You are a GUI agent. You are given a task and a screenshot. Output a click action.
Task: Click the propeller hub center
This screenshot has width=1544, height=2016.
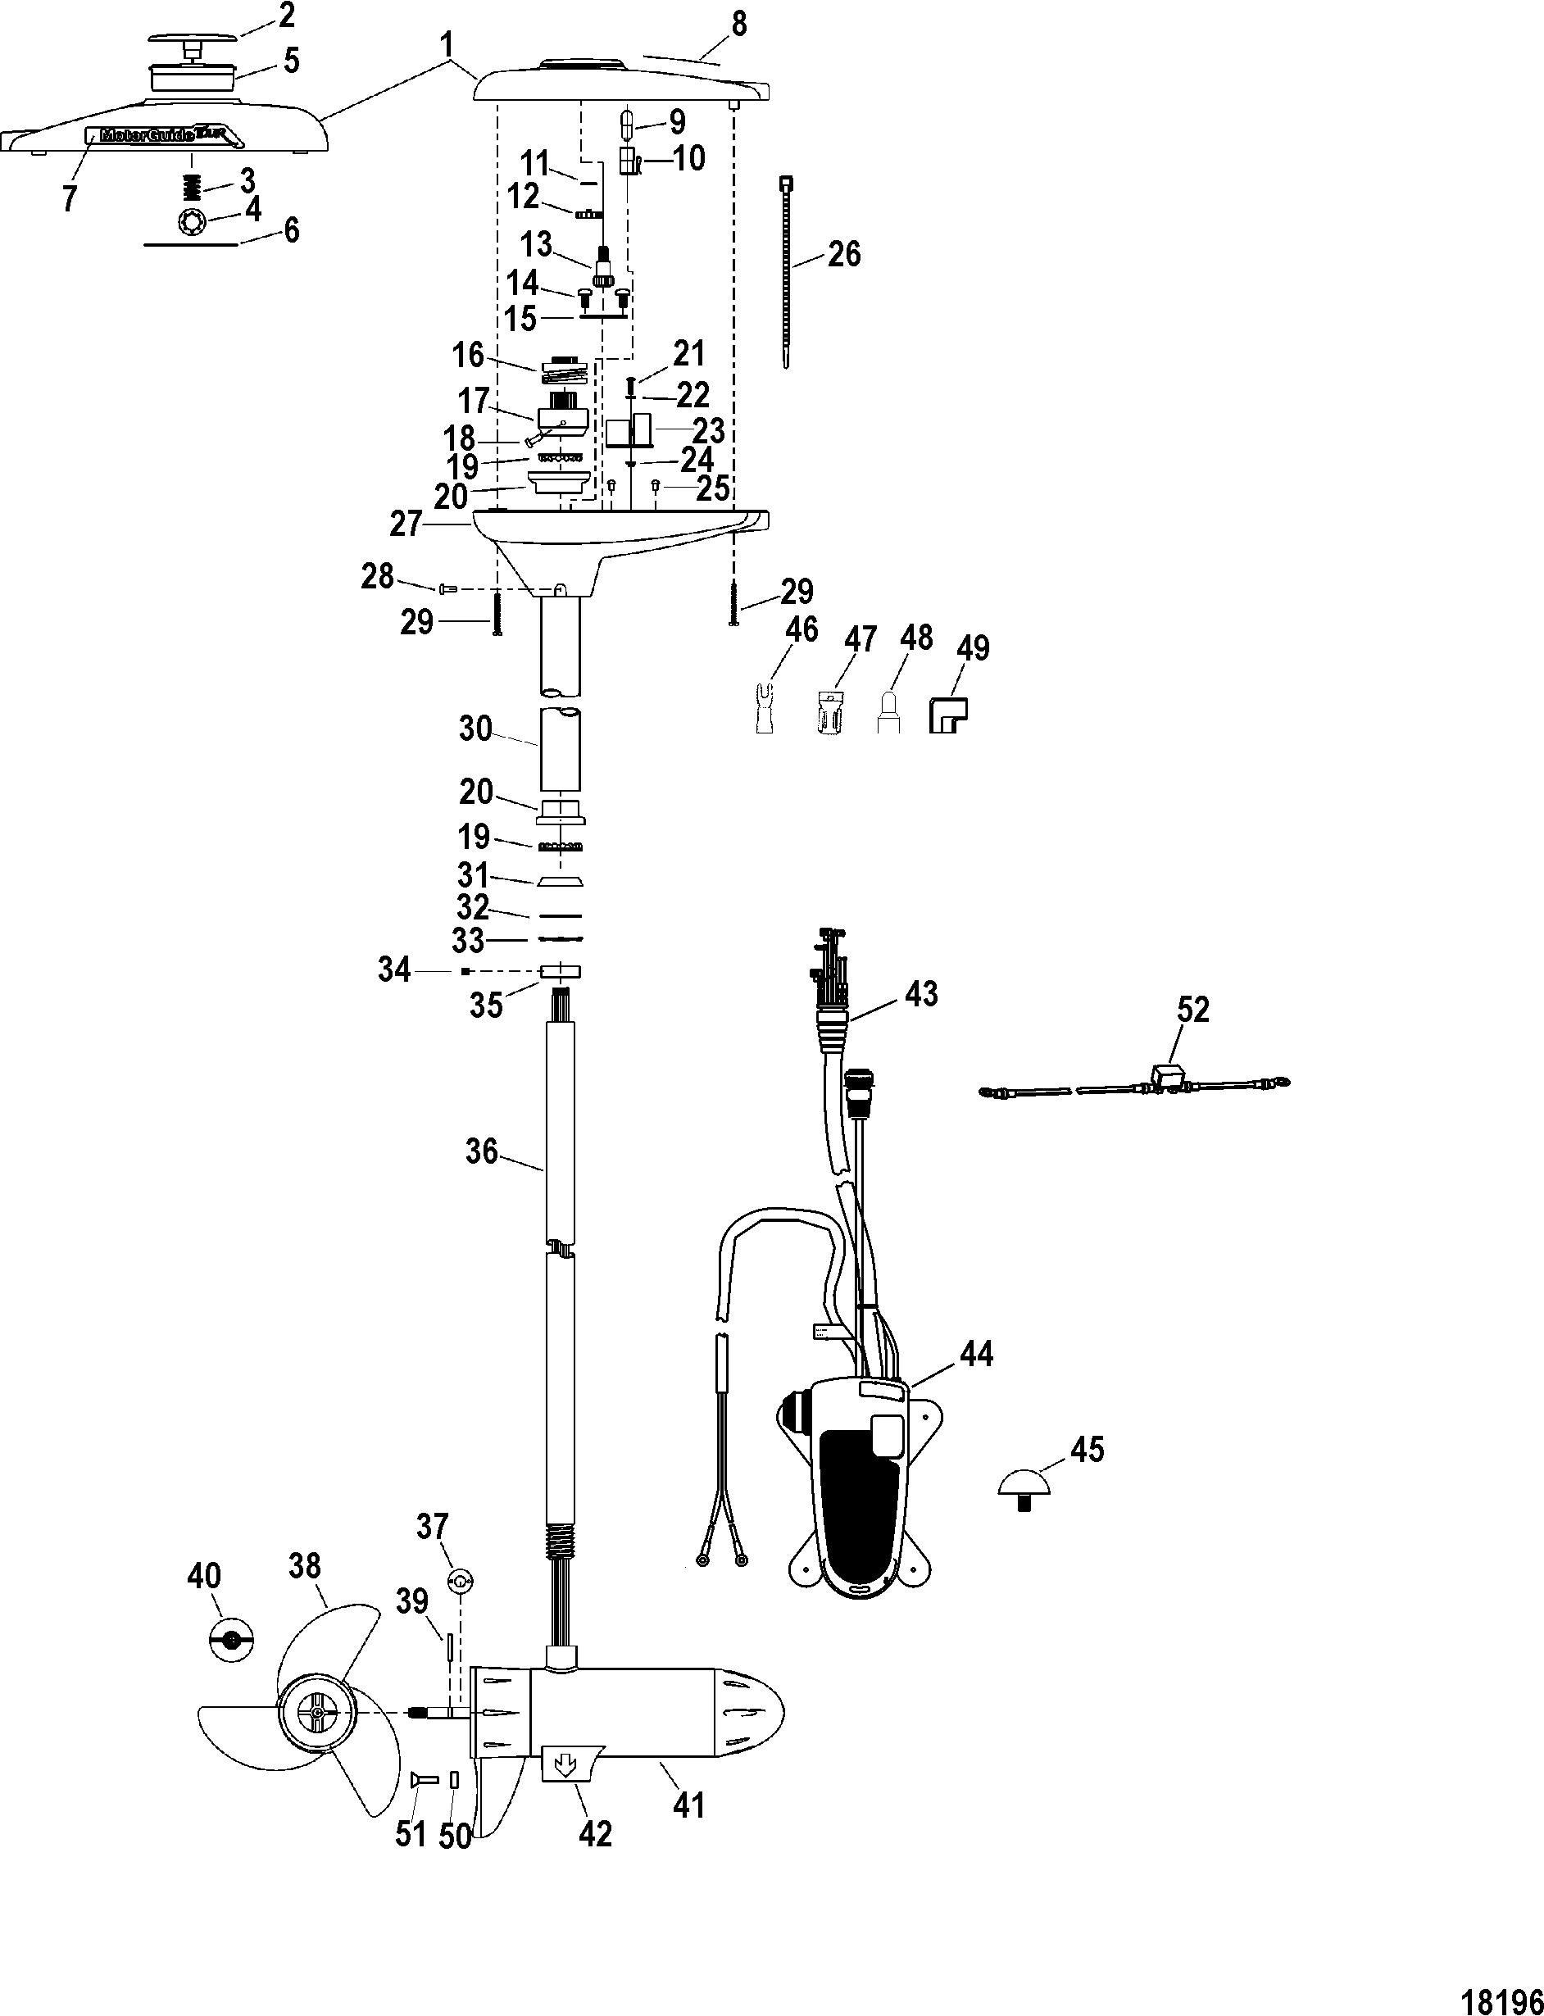(x=316, y=1714)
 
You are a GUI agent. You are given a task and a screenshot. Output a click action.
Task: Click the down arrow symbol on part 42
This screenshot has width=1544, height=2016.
(x=566, y=1764)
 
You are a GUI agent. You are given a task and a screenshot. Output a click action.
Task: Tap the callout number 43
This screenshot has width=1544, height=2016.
(x=921, y=993)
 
